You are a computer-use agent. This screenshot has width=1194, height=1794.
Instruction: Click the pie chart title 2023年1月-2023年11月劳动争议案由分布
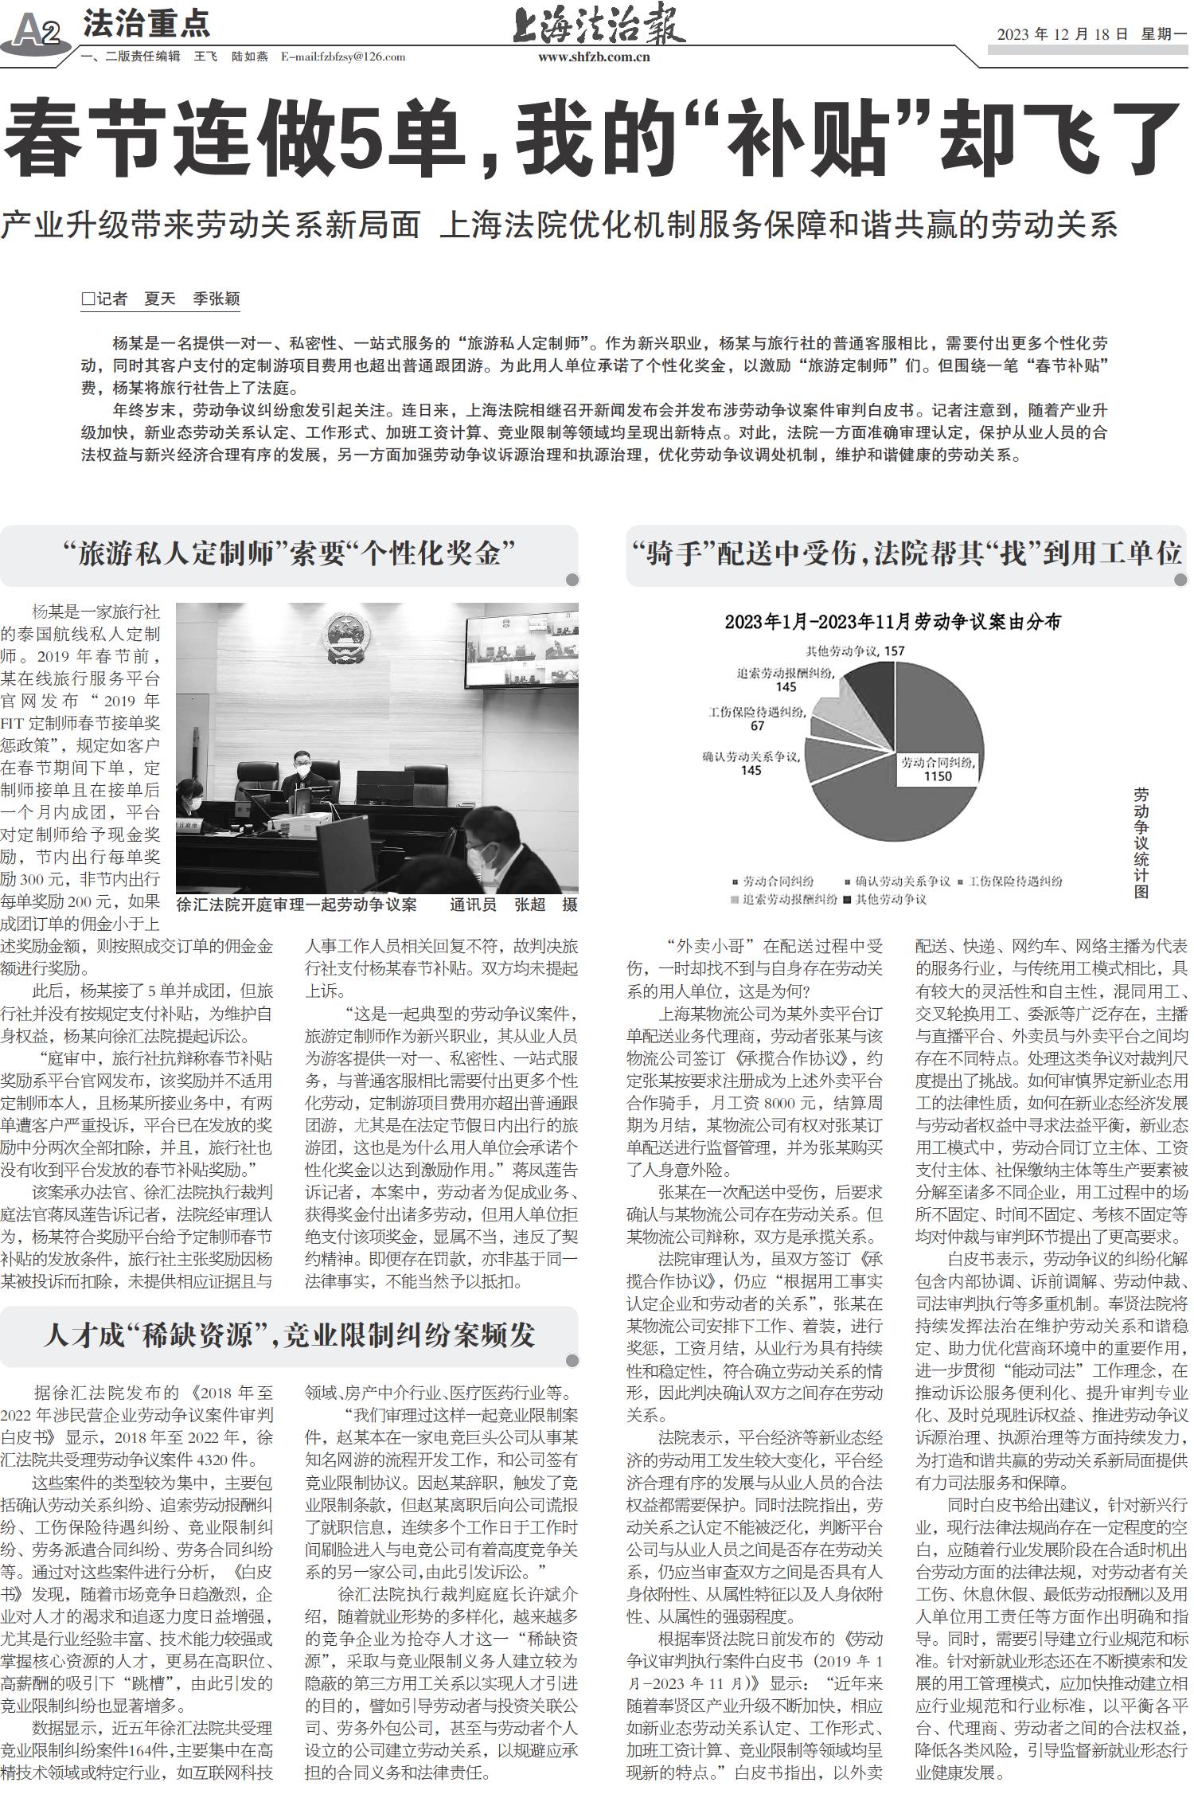point(892,622)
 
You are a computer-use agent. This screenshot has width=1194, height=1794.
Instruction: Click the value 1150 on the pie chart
point(938,776)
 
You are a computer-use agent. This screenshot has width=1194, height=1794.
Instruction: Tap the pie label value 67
point(757,725)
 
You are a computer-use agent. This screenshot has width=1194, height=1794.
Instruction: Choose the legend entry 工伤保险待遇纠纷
point(1015,881)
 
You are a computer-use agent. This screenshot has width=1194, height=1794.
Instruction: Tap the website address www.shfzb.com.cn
point(594,57)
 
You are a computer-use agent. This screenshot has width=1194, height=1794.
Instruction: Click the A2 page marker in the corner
point(36,33)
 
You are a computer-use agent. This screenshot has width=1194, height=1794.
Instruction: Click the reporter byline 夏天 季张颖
point(191,299)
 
